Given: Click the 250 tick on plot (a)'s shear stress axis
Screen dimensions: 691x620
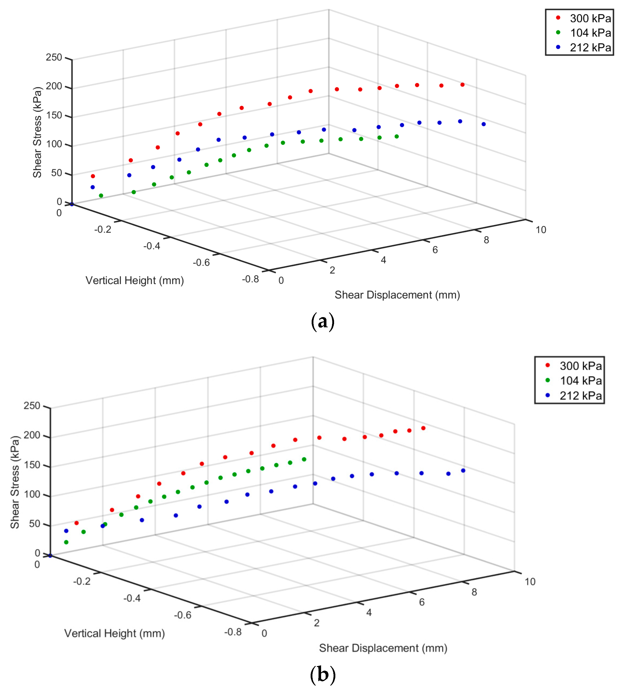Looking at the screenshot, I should pyautogui.click(x=54, y=57).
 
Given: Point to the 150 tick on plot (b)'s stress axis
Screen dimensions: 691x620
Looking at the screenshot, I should pyautogui.click(x=32, y=465).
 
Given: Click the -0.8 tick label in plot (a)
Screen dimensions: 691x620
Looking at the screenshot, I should pyautogui.click(x=250, y=279).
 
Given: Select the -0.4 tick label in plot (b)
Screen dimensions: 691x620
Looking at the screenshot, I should pyautogui.click(x=132, y=598).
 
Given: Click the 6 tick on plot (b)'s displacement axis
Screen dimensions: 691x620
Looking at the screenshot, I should pyautogui.click(x=422, y=602).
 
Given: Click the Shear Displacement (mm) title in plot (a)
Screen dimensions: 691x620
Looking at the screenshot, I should pyautogui.click(x=397, y=295).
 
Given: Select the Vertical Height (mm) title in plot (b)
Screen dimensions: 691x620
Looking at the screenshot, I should pyautogui.click(x=115, y=633).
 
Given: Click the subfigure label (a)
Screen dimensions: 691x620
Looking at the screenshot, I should pyautogui.click(x=323, y=321).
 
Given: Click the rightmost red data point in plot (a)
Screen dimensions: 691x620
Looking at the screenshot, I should pyautogui.click(x=462, y=85).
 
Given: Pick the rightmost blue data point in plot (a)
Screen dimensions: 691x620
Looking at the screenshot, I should pyautogui.click(x=483, y=124).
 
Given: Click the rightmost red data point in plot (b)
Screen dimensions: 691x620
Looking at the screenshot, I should pyautogui.click(x=423, y=428).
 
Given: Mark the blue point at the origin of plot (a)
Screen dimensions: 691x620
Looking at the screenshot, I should pyautogui.click(x=72, y=204).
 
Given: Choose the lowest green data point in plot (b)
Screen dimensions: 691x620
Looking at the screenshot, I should pyautogui.click(x=66, y=542).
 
